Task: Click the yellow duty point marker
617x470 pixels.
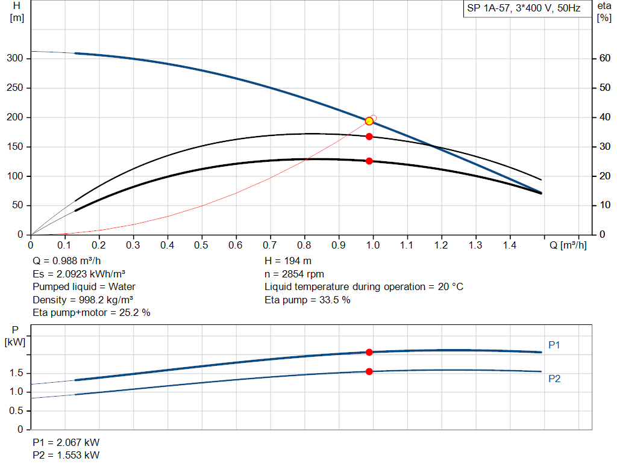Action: coord(369,121)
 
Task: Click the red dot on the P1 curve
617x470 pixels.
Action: coord(369,352)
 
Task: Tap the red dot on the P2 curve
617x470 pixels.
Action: coord(369,371)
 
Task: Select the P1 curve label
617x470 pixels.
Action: coord(554,345)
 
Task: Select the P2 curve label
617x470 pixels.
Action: coord(554,379)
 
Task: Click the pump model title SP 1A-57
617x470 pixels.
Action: coord(521,9)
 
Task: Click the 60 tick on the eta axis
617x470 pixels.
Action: coord(603,58)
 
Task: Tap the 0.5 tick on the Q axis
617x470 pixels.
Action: coord(202,245)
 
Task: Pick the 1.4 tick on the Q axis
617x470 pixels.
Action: coord(510,245)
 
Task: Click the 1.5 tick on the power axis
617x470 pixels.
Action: coord(16,373)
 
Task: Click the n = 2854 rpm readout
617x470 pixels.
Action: coord(294,274)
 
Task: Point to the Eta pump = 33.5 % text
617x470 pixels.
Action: coord(307,300)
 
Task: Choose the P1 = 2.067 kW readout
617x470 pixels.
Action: coord(66,443)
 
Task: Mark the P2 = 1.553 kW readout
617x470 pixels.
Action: coord(66,455)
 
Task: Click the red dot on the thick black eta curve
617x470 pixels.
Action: coord(369,161)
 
